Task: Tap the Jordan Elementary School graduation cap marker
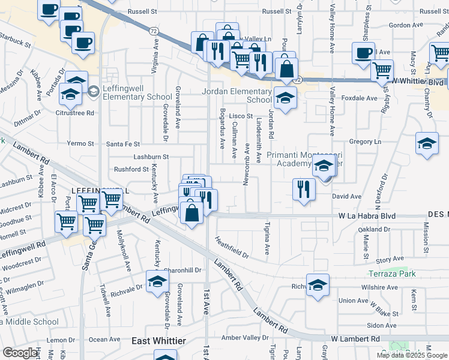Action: click(x=286, y=97)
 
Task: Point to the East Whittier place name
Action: click(x=158, y=341)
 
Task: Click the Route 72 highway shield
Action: click(x=154, y=29)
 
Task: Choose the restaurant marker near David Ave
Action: click(x=304, y=190)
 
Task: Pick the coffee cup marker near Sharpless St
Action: click(x=364, y=53)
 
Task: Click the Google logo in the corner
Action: click(x=21, y=353)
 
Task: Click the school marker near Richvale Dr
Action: click(x=158, y=282)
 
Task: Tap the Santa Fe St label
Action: click(x=123, y=144)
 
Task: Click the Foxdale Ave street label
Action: click(x=359, y=98)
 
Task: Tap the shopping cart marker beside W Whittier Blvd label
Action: click(x=382, y=70)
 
